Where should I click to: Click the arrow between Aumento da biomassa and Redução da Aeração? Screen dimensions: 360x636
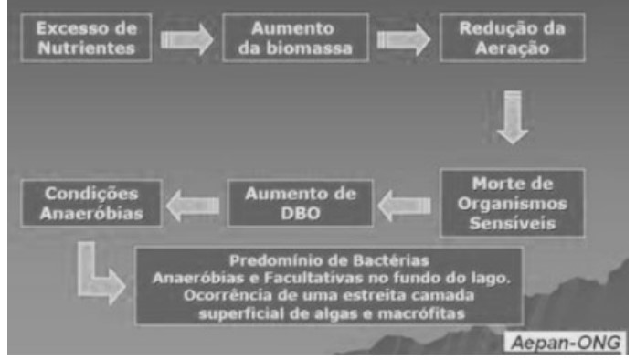pos(402,38)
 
